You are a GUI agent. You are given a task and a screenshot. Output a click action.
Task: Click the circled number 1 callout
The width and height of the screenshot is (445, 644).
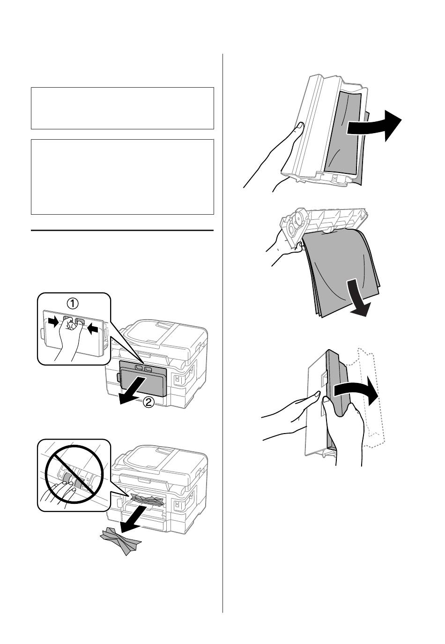tap(73, 303)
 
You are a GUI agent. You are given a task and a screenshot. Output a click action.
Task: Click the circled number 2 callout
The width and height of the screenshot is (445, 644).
tap(148, 402)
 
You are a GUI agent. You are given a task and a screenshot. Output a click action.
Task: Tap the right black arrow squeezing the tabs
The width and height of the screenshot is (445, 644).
tap(92, 328)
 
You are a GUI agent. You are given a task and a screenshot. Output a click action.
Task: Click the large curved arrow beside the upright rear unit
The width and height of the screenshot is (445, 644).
tap(373, 126)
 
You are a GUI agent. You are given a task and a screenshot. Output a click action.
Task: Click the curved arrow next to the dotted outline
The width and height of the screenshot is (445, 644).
tap(356, 392)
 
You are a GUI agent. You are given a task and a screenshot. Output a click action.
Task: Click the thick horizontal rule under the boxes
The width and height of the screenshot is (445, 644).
tap(122, 230)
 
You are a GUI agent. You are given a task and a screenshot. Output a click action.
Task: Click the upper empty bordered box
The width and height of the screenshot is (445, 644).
tap(122, 108)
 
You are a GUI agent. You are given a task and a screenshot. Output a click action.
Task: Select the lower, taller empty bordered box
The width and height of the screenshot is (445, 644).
tap(122, 177)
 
